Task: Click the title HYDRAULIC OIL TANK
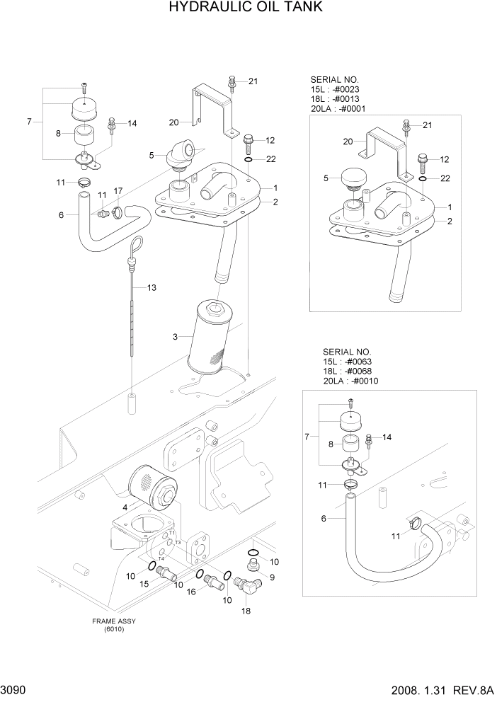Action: point(236,8)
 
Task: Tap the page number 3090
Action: point(15,690)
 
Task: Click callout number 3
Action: point(175,337)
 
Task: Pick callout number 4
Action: point(125,507)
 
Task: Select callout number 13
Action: point(151,287)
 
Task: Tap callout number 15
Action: point(144,583)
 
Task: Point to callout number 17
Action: point(118,190)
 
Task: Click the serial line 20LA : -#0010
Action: point(350,381)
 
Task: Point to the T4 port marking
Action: point(161,558)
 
